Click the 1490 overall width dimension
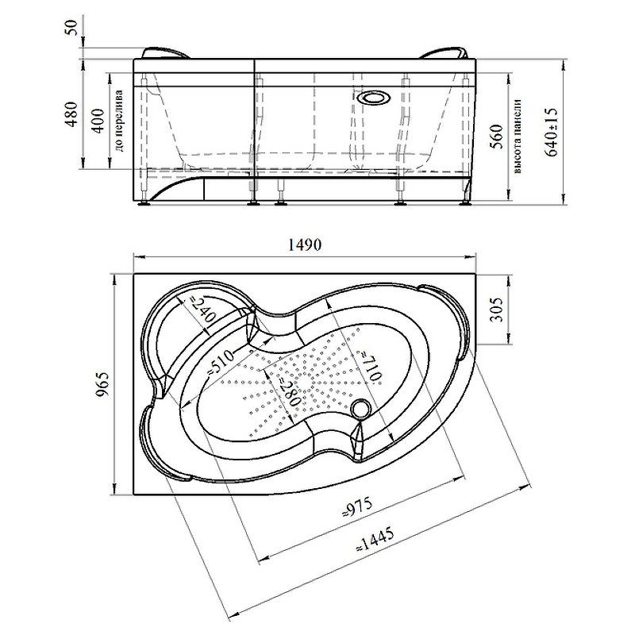click(305, 244)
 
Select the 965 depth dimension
click(103, 384)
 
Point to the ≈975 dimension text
click(356, 507)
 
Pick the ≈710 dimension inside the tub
click(371, 365)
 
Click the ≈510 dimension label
click(221, 362)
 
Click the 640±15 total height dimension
click(551, 132)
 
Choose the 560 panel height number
click(498, 137)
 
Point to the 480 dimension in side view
click(72, 114)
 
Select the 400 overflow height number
click(98, 121)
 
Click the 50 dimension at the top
click(72, 27)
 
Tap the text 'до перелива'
click(120, 121)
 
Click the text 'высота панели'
click(518, 137)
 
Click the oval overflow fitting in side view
click(374, 98)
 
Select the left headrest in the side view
click(166, 53)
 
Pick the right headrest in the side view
click(444, 53)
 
